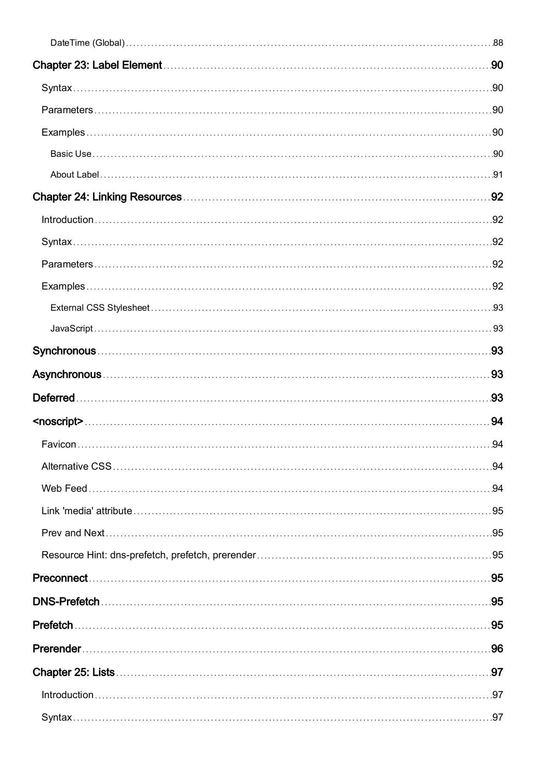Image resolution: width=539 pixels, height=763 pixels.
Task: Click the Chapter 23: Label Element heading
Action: (97, 65)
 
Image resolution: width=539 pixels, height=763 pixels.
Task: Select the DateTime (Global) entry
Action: (87, 43)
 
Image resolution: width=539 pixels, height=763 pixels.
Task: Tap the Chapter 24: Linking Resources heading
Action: (107, 197)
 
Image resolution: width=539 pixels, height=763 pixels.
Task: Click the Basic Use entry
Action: (71, 154)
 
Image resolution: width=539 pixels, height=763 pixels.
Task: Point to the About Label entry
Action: (75, 175)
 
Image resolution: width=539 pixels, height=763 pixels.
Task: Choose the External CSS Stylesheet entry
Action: (100, 308)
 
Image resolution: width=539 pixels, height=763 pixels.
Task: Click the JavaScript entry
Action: (71, 329)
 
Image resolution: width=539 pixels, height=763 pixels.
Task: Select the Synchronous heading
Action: (64, 351)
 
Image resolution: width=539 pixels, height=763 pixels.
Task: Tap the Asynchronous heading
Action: (67, 375)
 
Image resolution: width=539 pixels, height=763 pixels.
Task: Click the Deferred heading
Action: (53, 398)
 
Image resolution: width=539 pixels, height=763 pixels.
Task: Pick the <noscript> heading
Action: (58, 422)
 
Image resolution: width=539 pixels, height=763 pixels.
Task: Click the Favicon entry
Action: (59, 444)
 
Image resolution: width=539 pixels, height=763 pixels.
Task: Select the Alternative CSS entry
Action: (76, 466)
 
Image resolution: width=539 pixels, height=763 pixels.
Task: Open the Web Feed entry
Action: (64, 488)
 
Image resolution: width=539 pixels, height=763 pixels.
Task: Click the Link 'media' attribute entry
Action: (86, 511)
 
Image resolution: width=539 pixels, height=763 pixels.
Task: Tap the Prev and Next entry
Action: (73, 533)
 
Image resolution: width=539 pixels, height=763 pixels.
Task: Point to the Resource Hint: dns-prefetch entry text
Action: (148, 555)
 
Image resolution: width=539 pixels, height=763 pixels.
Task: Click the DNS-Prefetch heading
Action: (66, 602)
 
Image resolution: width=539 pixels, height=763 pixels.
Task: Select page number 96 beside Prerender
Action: (497, 649)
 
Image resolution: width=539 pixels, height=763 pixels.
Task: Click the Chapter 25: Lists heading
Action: (73, 673)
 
